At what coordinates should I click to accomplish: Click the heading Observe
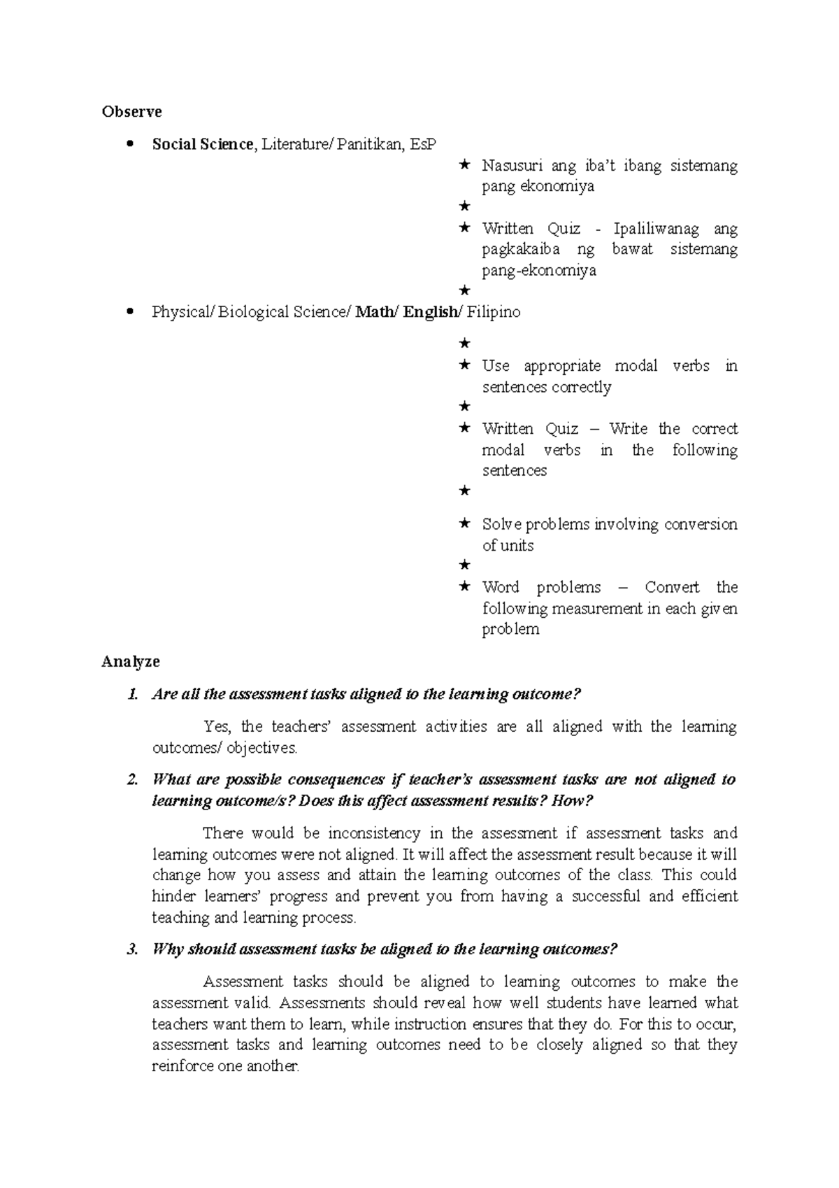(x=131, y=112)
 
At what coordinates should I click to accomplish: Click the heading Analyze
(x=131, y=662)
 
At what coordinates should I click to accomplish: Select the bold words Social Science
(x=203, y=145)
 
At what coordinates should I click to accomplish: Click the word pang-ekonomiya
(x=539, y=271)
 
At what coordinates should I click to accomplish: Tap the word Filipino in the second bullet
(x=494, y=313)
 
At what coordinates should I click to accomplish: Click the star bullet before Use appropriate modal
(x=464, y=365)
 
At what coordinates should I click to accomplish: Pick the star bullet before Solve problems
(x=464, y=524)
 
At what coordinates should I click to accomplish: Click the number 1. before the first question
(x=132, y=695)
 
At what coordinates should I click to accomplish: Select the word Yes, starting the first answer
(x=216, y=727)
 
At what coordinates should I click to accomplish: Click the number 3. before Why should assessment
(x=132, y=950)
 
